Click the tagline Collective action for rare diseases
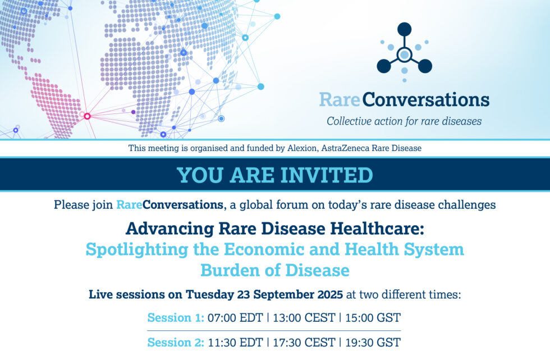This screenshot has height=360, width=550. (x=404, y=121)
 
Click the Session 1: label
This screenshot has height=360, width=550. (x=175, y=317)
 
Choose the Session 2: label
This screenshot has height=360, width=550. (x=175, y=342)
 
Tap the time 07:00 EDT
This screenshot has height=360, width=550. (x=235, y=317)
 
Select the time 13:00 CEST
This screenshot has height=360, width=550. (x=304, y=317)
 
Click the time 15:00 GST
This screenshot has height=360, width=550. (x=373, y=317)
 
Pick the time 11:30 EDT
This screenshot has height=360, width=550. (x=235, y=342)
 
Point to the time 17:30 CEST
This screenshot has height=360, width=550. (x=304, y=342)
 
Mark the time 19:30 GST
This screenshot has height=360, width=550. (x=373, y=342)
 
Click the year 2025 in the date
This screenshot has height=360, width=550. (x=330, y=294)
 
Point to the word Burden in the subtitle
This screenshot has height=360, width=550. (x=231, y=271)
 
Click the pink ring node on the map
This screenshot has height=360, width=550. (x=88, y=116)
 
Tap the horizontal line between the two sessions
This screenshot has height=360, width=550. (x=274, y=331)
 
